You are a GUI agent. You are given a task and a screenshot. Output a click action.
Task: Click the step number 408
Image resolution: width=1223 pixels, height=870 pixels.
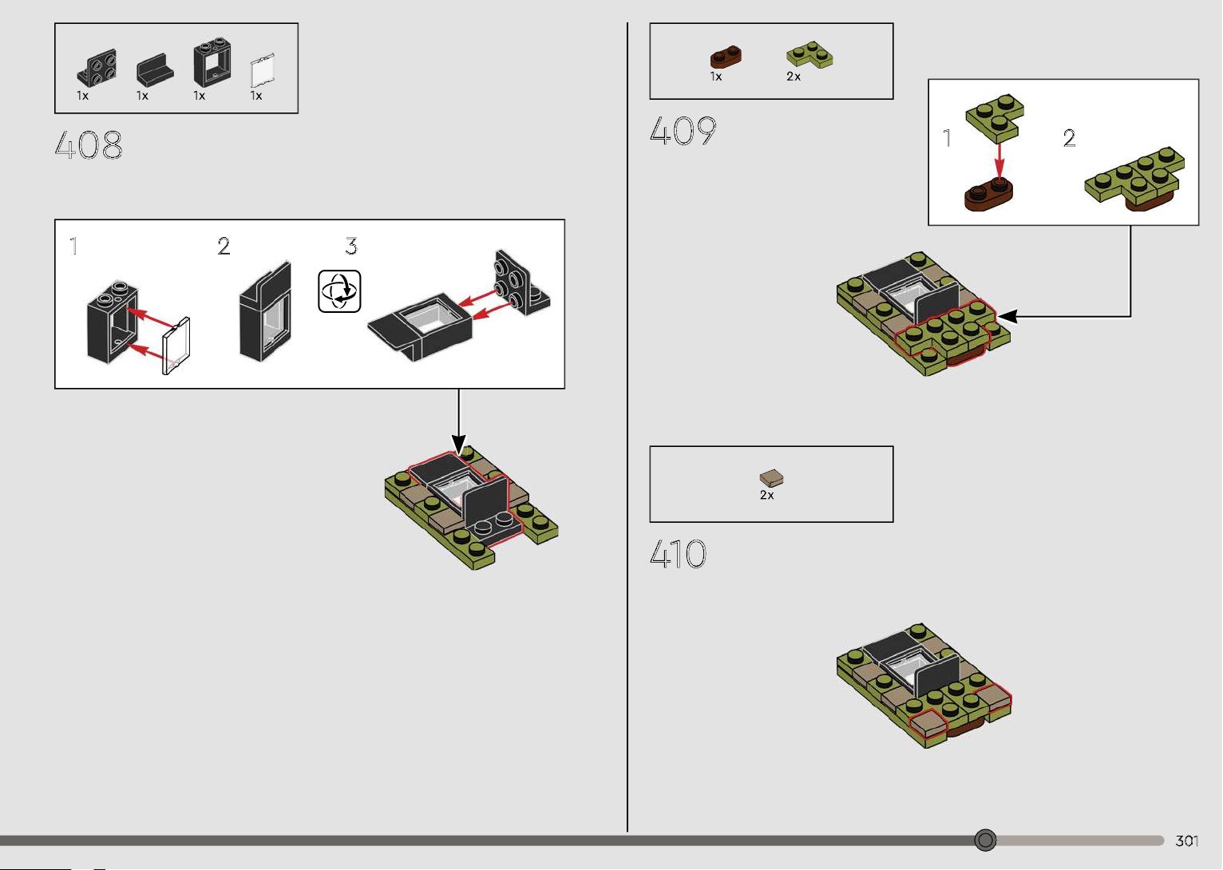[x=89, y=145]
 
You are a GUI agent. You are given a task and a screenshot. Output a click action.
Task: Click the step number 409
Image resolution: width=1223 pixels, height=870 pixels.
[x=683, y=131]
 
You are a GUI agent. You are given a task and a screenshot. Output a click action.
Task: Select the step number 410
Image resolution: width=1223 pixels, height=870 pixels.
[x=678, y=554]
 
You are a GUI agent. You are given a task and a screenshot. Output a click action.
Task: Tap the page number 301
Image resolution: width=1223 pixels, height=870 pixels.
[x=1186, y=840]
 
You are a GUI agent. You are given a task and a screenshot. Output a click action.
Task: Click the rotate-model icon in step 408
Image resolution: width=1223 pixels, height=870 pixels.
[x=339, y=291]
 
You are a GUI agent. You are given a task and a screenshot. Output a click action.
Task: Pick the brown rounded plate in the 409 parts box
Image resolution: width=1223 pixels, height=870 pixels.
[x=726, y=57]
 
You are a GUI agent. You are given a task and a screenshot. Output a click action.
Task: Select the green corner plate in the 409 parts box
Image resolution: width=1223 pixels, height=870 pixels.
[x=809, y=54]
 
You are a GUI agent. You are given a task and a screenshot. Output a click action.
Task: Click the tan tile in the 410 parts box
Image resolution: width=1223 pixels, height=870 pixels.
[x=771, y=478]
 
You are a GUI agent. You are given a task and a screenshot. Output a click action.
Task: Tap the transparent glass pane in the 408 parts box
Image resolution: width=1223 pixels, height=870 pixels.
[x=263, y=70]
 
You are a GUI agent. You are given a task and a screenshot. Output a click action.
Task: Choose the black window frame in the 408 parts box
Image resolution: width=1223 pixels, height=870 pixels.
[x=212, y=62]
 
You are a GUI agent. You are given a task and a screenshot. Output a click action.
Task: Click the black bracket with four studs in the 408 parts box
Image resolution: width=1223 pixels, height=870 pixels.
[x=97, y=68]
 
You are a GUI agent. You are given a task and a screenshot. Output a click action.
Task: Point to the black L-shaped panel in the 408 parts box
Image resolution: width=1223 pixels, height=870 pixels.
[x=155, y=69]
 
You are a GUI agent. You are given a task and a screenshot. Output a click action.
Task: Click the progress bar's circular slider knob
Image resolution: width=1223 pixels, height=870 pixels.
[x=985, y=840]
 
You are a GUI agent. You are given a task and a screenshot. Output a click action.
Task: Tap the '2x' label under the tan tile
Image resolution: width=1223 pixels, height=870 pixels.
[x=766, y=495]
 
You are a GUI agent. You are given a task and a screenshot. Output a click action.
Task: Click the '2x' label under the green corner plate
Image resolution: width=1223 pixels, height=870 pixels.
[x=794, y=77]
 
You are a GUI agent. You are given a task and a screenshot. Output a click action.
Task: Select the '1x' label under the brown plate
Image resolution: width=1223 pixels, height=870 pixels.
[x=716, y=77]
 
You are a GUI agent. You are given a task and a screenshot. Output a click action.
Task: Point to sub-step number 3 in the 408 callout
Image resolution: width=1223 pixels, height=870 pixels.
[x=351, y=246]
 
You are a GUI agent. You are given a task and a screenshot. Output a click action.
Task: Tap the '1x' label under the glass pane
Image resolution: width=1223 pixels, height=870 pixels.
[x=256, y=96]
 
